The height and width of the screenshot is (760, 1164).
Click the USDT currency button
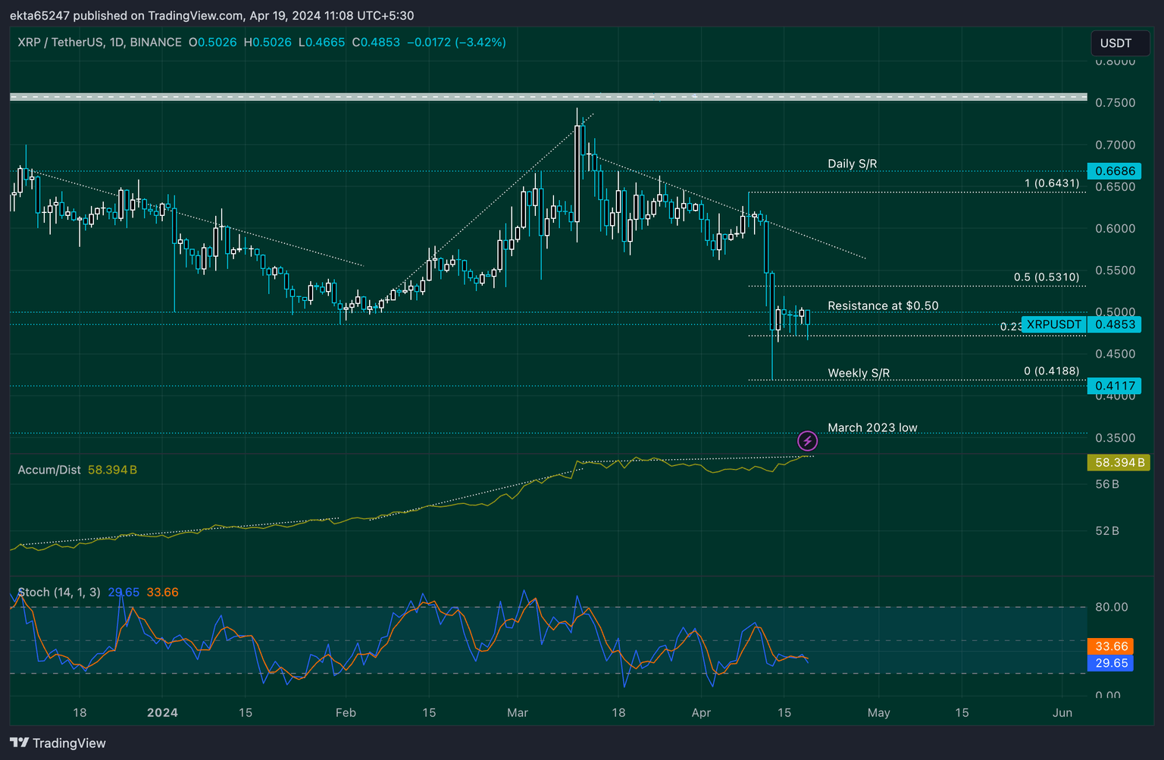coord(1115,43)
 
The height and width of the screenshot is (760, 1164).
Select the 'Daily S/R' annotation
coord(852,164)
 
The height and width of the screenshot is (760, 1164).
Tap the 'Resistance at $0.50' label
coord(883,306)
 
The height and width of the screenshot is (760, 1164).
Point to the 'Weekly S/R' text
coord(859,373)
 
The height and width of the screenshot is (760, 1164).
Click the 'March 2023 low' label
coord(872,428)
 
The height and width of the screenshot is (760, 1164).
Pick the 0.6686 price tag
coord(1114,171)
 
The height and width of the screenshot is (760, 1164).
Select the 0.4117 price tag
coord(1114,386)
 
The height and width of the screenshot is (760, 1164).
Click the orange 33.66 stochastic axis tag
coord(1111,646)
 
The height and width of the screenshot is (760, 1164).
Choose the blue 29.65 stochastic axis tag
coord(1111,663)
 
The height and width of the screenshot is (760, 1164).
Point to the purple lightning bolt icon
coord(808,440)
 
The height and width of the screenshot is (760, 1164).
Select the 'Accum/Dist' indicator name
coord(49,470)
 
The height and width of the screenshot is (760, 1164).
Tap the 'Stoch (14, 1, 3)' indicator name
coord(59,593)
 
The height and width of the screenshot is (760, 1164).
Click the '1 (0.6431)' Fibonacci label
coord(1052,183)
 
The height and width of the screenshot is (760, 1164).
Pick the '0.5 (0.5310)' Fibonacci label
coord(1047,277)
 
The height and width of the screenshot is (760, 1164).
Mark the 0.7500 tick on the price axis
coord(1115,103)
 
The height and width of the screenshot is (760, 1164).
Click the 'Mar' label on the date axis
coord(518,713)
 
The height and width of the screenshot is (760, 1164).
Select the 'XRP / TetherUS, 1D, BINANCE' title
coord(100,42)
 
